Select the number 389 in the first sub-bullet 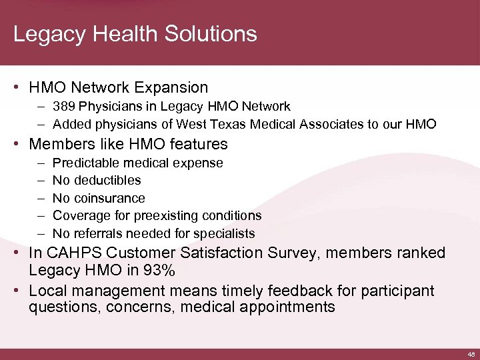pyautogui.click(x=65, y=106)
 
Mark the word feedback pyautogui.click(x=291, y=291)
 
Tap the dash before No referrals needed pyautogui.click(x=41, y=233)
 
